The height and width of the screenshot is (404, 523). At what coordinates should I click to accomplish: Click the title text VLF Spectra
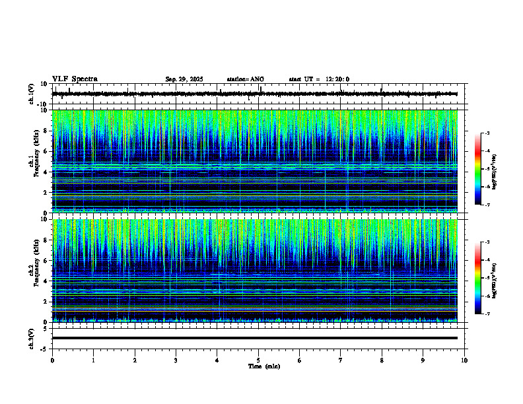[75, 79]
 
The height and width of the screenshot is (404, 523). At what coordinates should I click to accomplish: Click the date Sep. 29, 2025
[184, 79]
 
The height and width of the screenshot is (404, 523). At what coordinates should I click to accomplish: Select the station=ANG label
[245, 79]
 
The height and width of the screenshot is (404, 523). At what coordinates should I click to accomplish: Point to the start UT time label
[319, 79]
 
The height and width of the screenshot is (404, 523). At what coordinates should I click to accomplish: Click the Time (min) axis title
[263, 366]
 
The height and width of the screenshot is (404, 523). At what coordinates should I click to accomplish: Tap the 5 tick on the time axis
[258, 360]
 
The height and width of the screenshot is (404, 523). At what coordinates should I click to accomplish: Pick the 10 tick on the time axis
[464, 360]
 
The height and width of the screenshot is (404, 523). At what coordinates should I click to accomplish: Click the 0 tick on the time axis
[52, 360]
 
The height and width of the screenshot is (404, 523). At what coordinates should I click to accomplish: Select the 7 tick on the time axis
[341, 360]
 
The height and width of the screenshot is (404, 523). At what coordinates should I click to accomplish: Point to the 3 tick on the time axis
[176, 360]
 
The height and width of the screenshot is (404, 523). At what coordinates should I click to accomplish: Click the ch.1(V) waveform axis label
[32, 94]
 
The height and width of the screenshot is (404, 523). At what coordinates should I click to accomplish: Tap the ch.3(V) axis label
[32, 338]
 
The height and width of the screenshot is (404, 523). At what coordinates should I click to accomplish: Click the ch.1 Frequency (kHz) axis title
[34, 160]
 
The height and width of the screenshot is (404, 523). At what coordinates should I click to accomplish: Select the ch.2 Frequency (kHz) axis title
[34, 270]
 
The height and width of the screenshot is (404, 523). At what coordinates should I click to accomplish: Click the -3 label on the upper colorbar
[487, 134]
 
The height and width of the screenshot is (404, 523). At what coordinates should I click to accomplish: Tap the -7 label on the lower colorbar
[487, 314]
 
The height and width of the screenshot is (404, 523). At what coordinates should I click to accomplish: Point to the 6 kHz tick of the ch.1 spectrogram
[46, 151]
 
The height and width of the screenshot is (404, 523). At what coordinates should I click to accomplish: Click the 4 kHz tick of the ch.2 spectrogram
[46, 281]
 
